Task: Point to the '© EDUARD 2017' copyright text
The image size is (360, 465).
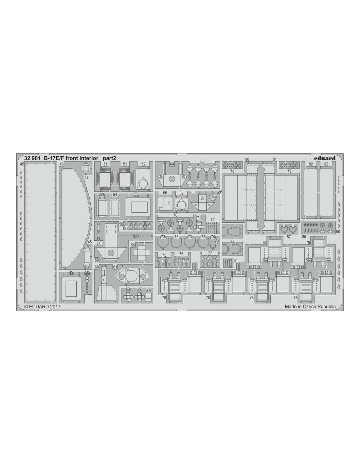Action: click(x=43, y=307)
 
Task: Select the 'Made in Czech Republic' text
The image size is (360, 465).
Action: click(x=310, y=307)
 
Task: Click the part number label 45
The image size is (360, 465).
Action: click(x=22, y=164)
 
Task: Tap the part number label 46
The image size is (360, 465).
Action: click(x=62, y=164)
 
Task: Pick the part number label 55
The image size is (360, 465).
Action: click(x=136, y=195)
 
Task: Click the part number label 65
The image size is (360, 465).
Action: click(x=202, y=162)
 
